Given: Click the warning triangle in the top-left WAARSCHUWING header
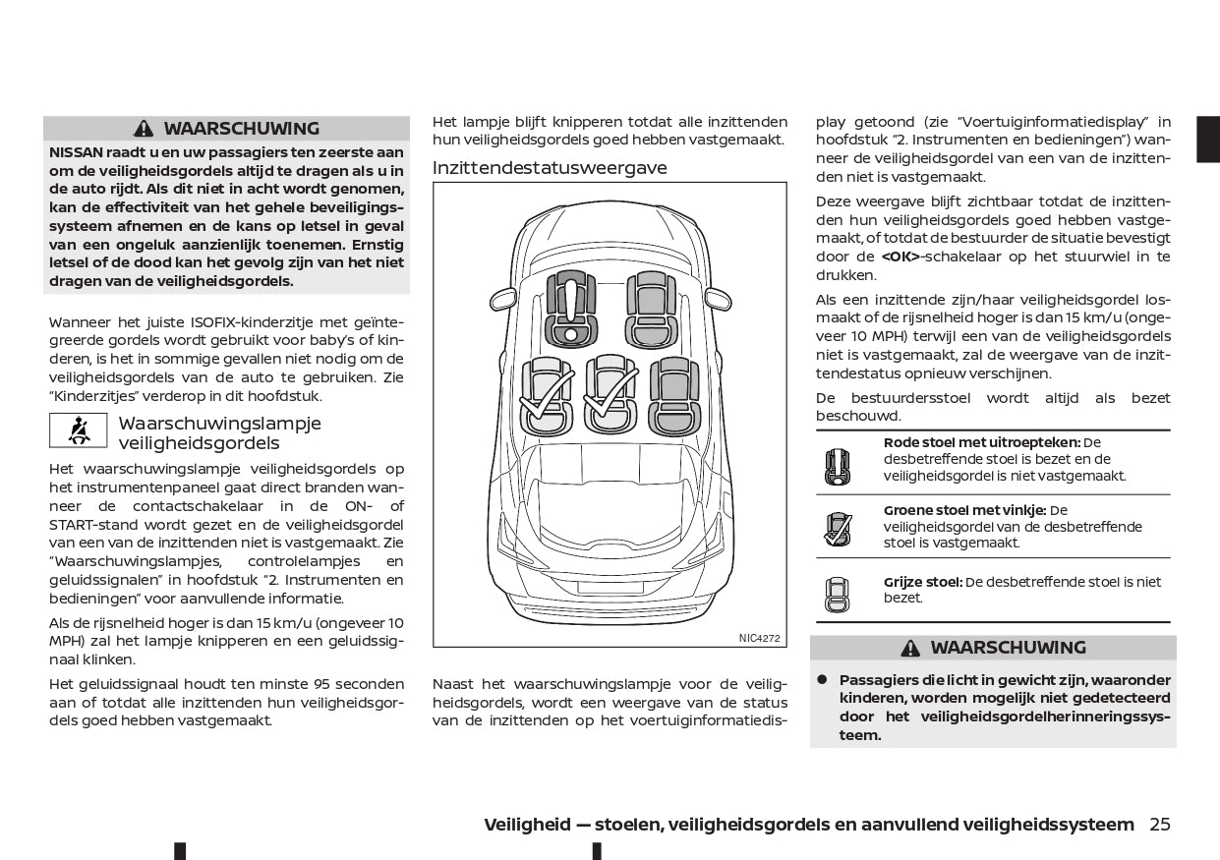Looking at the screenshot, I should (145, 129).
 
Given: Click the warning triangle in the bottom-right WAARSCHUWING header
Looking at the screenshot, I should (910, 648).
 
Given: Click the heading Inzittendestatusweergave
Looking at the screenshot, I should (550, 168).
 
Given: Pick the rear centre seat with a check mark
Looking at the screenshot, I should (610, 394).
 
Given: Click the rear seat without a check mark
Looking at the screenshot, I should (674, 394).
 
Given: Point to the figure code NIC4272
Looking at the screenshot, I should (759, 638).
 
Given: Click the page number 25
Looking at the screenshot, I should (1160, 825).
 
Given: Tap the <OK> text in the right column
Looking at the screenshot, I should (900, 257).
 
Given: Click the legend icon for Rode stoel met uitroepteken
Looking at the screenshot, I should (837, 466).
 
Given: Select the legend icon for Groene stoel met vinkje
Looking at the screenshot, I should (837, 530).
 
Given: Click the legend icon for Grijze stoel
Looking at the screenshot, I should (837, 593).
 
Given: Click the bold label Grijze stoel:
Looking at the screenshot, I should (923, 582).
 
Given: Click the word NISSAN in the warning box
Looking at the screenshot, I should (74, 152).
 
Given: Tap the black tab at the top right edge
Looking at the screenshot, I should (1207, 139).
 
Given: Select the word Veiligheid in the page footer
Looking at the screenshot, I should (527, 825).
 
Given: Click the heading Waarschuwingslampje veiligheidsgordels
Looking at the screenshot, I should (219, 433).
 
